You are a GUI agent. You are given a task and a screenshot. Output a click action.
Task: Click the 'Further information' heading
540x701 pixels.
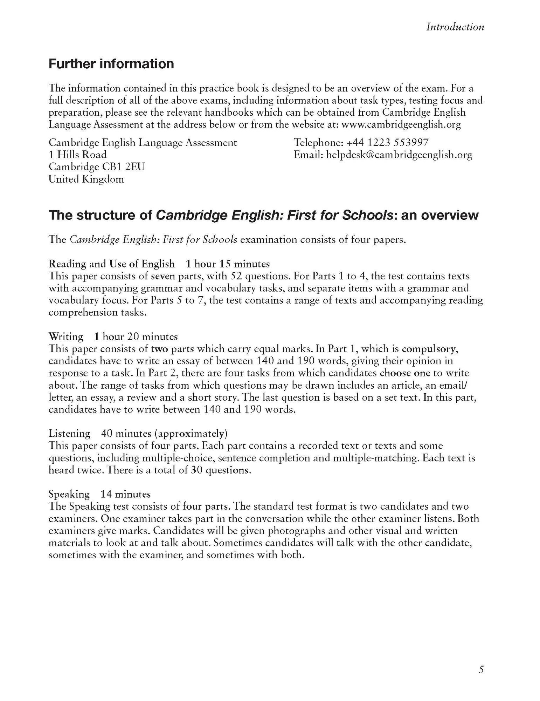pyautogui.click(x=111, y=64)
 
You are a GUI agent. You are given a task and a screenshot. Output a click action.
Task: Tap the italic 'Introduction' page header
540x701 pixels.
pyautogui.click(x=455, y=27)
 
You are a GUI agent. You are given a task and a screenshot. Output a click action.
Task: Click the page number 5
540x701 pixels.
pyautogui.click(x=481, y=670)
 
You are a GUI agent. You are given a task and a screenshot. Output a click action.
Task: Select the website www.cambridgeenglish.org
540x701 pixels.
pyautogui.click(x=401, y=124)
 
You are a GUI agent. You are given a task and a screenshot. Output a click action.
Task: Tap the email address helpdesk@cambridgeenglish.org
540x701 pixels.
pyautogui.click(x=399, y=155)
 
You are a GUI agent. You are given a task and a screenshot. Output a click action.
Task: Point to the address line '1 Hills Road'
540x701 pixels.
pyautogui.click(x=77, y=155)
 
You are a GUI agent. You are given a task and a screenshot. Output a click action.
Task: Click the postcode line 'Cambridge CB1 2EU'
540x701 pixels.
pyautogui.click(x=97, y=167)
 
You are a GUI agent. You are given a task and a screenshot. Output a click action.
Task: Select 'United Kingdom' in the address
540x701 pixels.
pyautogui.click(x=86, y=179)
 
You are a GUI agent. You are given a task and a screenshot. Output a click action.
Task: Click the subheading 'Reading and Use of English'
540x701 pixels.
pyautogui.click(x=111, y=264)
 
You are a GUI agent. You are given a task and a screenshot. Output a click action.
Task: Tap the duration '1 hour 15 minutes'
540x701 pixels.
pyautogui.click(x=228, y=264)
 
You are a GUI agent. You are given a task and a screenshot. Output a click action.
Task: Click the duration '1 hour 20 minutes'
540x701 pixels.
pyautogui.click(x=136, y=336)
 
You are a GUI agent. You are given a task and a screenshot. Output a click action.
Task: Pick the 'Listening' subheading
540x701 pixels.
pyautogui.click(x=69, y=434)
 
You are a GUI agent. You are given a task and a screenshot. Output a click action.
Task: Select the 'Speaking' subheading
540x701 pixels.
pyautogui.click(x=69, y=494)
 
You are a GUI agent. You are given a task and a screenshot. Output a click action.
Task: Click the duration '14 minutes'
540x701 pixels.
pyautogui.click(x=125, y=494)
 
